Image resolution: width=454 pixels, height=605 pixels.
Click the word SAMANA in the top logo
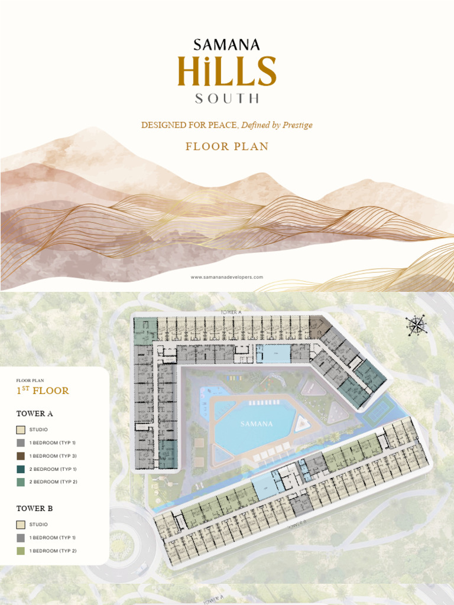coord(226,44)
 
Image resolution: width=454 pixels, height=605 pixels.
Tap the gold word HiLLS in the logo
coord(227,71)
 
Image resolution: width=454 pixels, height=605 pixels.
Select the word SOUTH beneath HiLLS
coord(227,98)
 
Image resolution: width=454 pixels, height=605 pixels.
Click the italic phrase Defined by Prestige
coord(277,125)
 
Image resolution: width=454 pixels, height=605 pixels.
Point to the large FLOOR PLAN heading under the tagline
coord(227,147)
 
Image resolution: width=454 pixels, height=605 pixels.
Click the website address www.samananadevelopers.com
coord(227,277)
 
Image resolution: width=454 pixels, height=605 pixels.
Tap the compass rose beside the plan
coord(416,324)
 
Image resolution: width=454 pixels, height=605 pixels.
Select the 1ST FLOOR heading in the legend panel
coord(43,391)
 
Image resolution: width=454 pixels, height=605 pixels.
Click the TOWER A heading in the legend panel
coord(34,414)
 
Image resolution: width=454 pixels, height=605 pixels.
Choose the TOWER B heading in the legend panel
coord(34,508)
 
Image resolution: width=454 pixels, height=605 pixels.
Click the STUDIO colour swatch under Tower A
coord(21,430)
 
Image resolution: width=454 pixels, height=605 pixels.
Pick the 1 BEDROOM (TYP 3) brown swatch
coord(21,456)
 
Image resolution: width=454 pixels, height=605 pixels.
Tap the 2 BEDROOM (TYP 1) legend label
coord(53,469)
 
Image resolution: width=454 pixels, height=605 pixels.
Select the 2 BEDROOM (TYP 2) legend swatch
coord(21,482)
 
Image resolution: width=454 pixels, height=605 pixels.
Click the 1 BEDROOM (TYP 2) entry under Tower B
coord(53,551)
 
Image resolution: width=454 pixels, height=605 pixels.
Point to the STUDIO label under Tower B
coord(38,525)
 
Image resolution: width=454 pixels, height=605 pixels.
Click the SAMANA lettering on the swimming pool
coord(257,424)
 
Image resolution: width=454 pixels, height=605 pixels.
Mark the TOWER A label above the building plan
coord(232,311)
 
